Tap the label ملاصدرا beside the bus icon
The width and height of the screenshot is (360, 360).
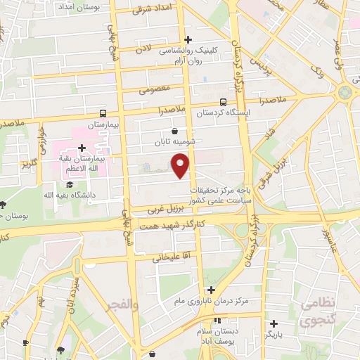tap(172, 110)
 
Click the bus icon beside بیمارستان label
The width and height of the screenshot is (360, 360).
tap(103, 113)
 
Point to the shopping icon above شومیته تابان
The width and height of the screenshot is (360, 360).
tap(174, 131)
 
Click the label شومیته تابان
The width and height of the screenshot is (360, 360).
tap(174, 142)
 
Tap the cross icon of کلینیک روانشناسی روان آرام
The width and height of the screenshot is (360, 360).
tap(187, 39)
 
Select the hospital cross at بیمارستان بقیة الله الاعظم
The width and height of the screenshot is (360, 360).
tap(82, 148)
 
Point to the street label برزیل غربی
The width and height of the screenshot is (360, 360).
tap(165, 209)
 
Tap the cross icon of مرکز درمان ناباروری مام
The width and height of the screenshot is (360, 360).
tap(211, 290)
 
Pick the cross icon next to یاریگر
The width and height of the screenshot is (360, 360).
tap(274, 324)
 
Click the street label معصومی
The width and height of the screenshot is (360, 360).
tap(153, 90)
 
